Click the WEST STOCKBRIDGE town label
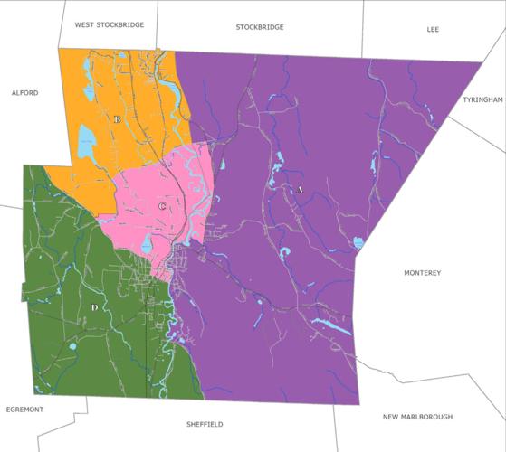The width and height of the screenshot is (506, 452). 109,25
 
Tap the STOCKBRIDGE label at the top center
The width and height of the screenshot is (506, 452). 260,27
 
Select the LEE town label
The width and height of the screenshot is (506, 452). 433,30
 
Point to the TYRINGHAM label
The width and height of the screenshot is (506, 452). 482,99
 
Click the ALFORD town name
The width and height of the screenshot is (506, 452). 24,92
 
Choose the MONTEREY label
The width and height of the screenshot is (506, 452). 422,273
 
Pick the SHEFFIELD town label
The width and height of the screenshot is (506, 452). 204,424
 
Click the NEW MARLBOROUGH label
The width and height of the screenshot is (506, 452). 417,417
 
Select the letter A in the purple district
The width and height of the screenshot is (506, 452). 299,190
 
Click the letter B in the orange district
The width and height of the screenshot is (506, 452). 118,118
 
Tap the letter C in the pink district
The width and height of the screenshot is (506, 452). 162,207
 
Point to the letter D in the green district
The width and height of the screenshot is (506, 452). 94,308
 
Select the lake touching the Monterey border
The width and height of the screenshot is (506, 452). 358,242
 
